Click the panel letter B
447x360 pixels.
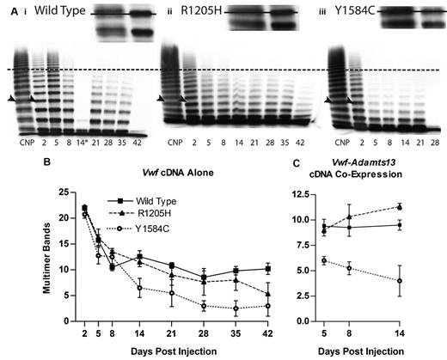(x=11, y=161)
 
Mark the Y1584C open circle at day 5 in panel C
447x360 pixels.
(x=346, y=260)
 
